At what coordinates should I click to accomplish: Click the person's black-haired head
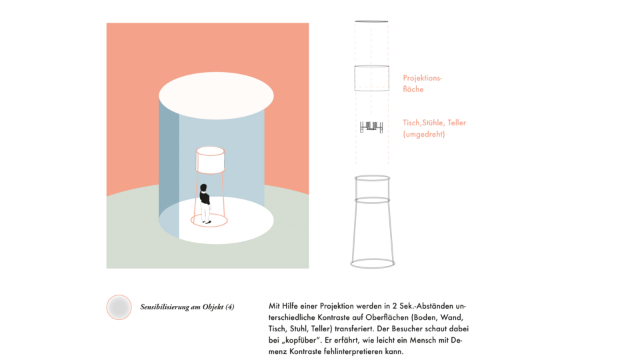(204, 188)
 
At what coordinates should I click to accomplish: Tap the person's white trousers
(205, 212)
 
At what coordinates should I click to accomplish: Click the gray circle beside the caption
(119, 307)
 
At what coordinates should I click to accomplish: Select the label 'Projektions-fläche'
(422, 83)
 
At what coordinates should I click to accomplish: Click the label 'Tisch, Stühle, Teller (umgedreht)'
(434, 128)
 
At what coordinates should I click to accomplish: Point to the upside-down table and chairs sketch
(371, 127)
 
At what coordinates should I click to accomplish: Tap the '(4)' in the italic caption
(230, 307)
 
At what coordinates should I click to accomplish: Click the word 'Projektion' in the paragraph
(337, 306)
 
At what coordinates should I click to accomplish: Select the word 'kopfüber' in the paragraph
(299, 340)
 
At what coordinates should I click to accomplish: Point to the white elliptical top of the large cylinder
(216, 95)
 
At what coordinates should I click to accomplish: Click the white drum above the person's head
(210, 160)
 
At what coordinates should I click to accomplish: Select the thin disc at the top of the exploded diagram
(371, 21)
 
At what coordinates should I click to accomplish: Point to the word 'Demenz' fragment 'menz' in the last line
(278, 351)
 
